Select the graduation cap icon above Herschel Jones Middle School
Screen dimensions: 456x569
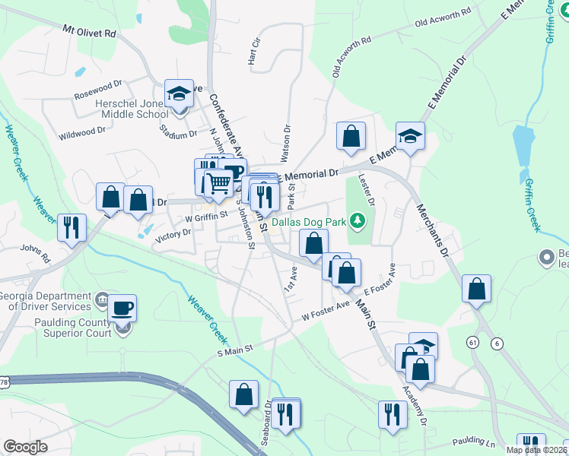179,94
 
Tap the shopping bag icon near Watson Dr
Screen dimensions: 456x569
351,137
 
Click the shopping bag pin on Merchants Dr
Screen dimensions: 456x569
476,289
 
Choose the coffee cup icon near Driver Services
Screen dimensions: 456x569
122,309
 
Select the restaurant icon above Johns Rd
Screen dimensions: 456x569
72,227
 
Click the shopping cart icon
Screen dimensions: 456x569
218,183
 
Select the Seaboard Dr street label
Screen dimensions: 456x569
266,430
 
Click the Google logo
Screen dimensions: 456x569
25,446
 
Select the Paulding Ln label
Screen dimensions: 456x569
473,441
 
